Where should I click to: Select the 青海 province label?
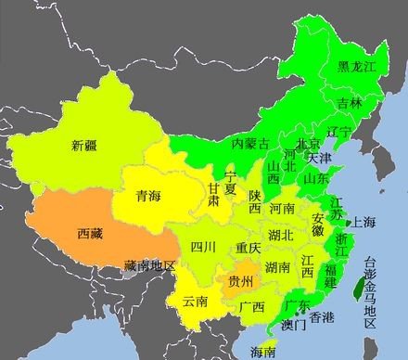147,196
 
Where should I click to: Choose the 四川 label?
203,247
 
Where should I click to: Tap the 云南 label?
196,301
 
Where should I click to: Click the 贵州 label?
241,280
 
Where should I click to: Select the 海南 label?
263,352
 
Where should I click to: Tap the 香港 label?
322,317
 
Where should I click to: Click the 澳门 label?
295,326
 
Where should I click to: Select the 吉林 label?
350,103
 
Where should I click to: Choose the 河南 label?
281,210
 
